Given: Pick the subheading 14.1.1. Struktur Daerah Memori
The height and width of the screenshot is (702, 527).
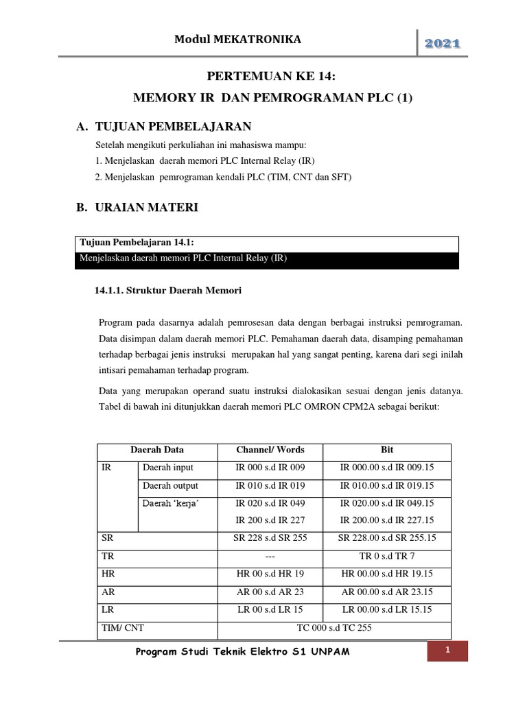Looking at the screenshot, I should (x=167, y=291).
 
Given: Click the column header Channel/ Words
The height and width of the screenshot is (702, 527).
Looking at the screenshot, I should (x=270, y=450).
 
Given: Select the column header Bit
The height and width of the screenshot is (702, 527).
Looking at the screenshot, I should (x=387, y=450).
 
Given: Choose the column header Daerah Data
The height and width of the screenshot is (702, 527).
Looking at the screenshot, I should (x=157, y=450).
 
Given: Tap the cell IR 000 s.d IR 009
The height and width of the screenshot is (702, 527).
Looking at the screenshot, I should (x=270, y=468).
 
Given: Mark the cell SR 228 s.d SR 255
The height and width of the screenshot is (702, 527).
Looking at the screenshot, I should (x=270, y=538).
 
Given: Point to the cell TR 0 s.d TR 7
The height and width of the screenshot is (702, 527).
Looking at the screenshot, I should (x=387, y=556).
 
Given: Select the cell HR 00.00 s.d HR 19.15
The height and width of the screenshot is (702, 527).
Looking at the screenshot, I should (x=387, y=574).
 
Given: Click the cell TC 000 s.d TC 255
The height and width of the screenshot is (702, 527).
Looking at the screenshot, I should (x=334, y=627).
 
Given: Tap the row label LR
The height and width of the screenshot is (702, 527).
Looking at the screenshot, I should (x=107, y=609).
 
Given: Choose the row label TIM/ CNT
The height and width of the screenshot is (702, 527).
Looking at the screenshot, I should (x=122, y=627).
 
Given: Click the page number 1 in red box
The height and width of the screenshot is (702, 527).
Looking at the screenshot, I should (x=447, y=651).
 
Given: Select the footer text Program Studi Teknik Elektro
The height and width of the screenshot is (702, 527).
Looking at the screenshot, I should (x=244, y=651).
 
